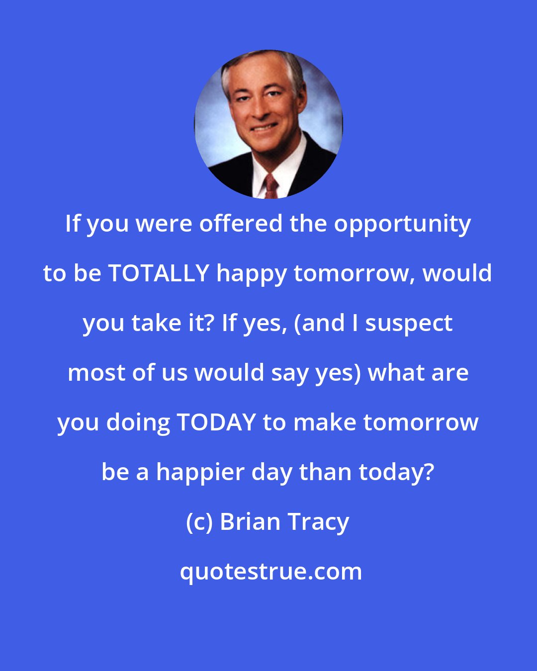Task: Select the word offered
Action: [242, 224]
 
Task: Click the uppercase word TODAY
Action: [216, 422]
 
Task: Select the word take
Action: [159, 323]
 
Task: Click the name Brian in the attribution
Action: [250, 522]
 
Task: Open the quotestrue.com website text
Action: [271, 572]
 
